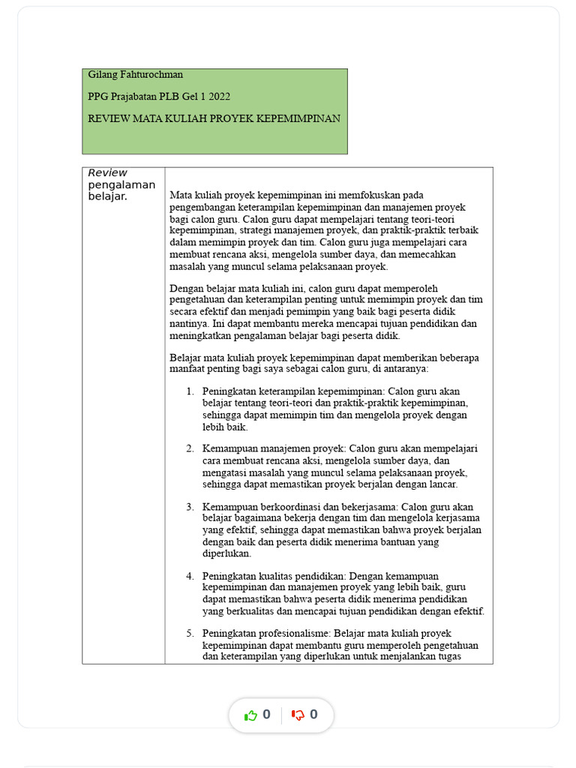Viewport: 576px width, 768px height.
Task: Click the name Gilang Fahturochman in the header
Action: coord(135,75)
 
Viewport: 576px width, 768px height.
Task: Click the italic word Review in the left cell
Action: coord(108,173)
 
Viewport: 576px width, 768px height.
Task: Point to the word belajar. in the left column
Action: coord(108,196)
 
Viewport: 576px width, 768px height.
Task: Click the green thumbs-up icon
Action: coord(250,715)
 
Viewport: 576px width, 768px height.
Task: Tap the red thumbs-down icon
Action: coord(298,715)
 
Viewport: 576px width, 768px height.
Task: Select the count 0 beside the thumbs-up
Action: coord(266,715)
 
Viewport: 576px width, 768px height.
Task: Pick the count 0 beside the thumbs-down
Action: coord(313,715)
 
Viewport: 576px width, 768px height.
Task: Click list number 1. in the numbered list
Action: coord(190,391)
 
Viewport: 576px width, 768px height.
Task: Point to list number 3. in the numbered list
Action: coord(190,506)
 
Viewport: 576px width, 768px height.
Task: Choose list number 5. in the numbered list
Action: coord(190,633)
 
